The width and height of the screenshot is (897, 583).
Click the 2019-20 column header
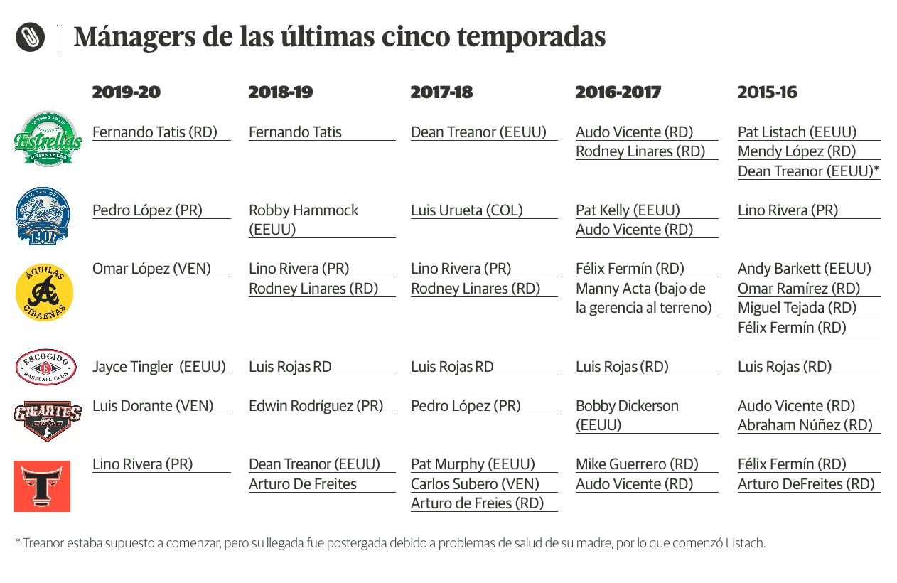click(x=127, y=92)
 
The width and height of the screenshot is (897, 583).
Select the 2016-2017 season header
click(x=618, y=92)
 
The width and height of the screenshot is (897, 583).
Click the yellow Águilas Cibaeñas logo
click(x=44, y=292)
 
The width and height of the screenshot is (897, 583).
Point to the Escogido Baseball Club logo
click(x=45, y=368)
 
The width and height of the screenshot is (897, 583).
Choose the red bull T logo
click(x=42, y=486)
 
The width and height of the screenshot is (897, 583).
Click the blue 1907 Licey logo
click(x=43, y=216)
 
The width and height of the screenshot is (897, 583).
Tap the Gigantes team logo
click(x=47, y=420)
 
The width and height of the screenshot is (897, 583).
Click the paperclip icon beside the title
click(x=30, y=37)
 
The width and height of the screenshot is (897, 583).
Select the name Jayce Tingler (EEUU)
click(x=159, y=367)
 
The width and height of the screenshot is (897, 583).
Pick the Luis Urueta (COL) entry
click(x=466, y=210)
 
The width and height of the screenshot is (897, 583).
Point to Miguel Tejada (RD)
click(x=797, y=308)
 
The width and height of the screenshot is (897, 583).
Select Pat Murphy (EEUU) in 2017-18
click(x=473, y=464)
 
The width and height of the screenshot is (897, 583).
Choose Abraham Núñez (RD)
click(x=805, y=425)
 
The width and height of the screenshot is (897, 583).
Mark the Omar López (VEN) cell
click(x=151, y=269)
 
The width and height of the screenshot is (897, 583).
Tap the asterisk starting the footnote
click(x=18, y=542)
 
